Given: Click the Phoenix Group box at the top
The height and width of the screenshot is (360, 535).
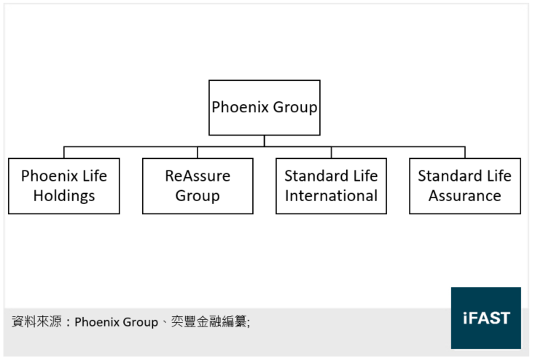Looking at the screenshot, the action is point(265,107).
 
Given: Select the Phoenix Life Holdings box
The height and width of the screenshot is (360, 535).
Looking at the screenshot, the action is point(64,186).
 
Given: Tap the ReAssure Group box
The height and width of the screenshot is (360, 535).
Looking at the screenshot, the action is point(198,186).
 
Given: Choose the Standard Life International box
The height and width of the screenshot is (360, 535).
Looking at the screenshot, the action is point(331,186).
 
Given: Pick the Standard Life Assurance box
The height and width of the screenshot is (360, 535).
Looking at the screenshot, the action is point(465,186).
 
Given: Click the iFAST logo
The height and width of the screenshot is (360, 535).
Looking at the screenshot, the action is point(486,318).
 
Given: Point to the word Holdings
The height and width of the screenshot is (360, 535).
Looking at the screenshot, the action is point(64,196).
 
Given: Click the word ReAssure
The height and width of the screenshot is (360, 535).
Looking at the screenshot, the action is point(198,176).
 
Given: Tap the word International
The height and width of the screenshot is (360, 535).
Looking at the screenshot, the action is point(331,196).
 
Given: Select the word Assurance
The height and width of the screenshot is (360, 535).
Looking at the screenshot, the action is point(465,196).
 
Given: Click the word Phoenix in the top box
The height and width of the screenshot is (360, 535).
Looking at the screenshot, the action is point(241,107).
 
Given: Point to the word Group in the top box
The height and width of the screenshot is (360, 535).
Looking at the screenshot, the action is point(295,107).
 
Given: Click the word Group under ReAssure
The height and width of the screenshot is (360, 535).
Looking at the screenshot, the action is point(198,196).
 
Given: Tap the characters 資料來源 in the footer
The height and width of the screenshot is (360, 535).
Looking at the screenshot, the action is point(36,321).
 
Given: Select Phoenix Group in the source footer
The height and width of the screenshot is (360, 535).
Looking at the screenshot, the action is point(117,322).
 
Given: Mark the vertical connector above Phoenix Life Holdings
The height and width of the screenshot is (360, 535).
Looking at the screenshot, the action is point(64,152).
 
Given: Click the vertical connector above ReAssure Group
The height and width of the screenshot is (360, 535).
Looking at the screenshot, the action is point(198,152).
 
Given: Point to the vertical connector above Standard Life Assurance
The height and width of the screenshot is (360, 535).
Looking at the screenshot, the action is point(465,152).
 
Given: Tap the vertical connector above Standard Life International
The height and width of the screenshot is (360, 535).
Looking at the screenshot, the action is point(331,152).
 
